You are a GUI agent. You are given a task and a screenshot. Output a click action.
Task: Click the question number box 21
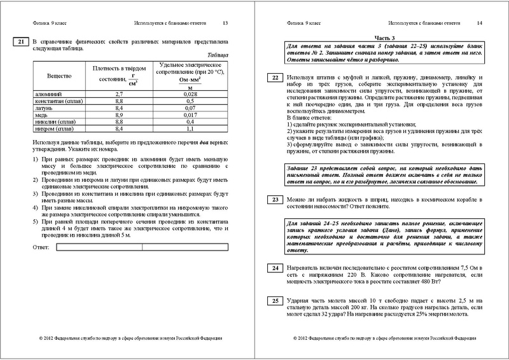pyautogui.click(x=20, y=43)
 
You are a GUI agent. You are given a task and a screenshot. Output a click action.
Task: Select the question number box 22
pyautogui.click(x=273, y=78)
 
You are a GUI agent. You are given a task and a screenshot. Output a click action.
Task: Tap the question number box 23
pyautogui.click(x=273, y=200)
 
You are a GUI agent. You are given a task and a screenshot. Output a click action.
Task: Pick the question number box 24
pyautogui.click(x=273, y=269)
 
